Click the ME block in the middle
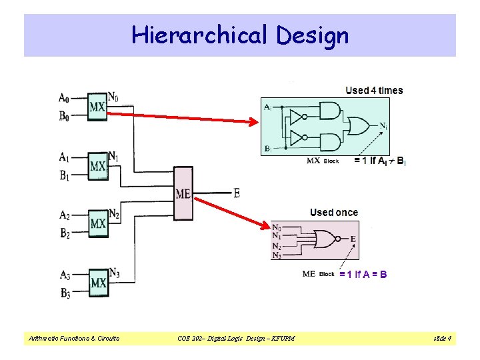183,193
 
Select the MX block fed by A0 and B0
98,106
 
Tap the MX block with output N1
98,165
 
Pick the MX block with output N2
98,222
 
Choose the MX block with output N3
98,282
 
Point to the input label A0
65,97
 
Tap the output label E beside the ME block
236,193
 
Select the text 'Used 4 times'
374,91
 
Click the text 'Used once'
333,213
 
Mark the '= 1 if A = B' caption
363,274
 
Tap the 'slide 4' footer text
442,339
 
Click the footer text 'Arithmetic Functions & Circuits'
73,339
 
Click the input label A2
65,215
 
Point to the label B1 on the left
65,176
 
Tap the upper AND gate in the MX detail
329,111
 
